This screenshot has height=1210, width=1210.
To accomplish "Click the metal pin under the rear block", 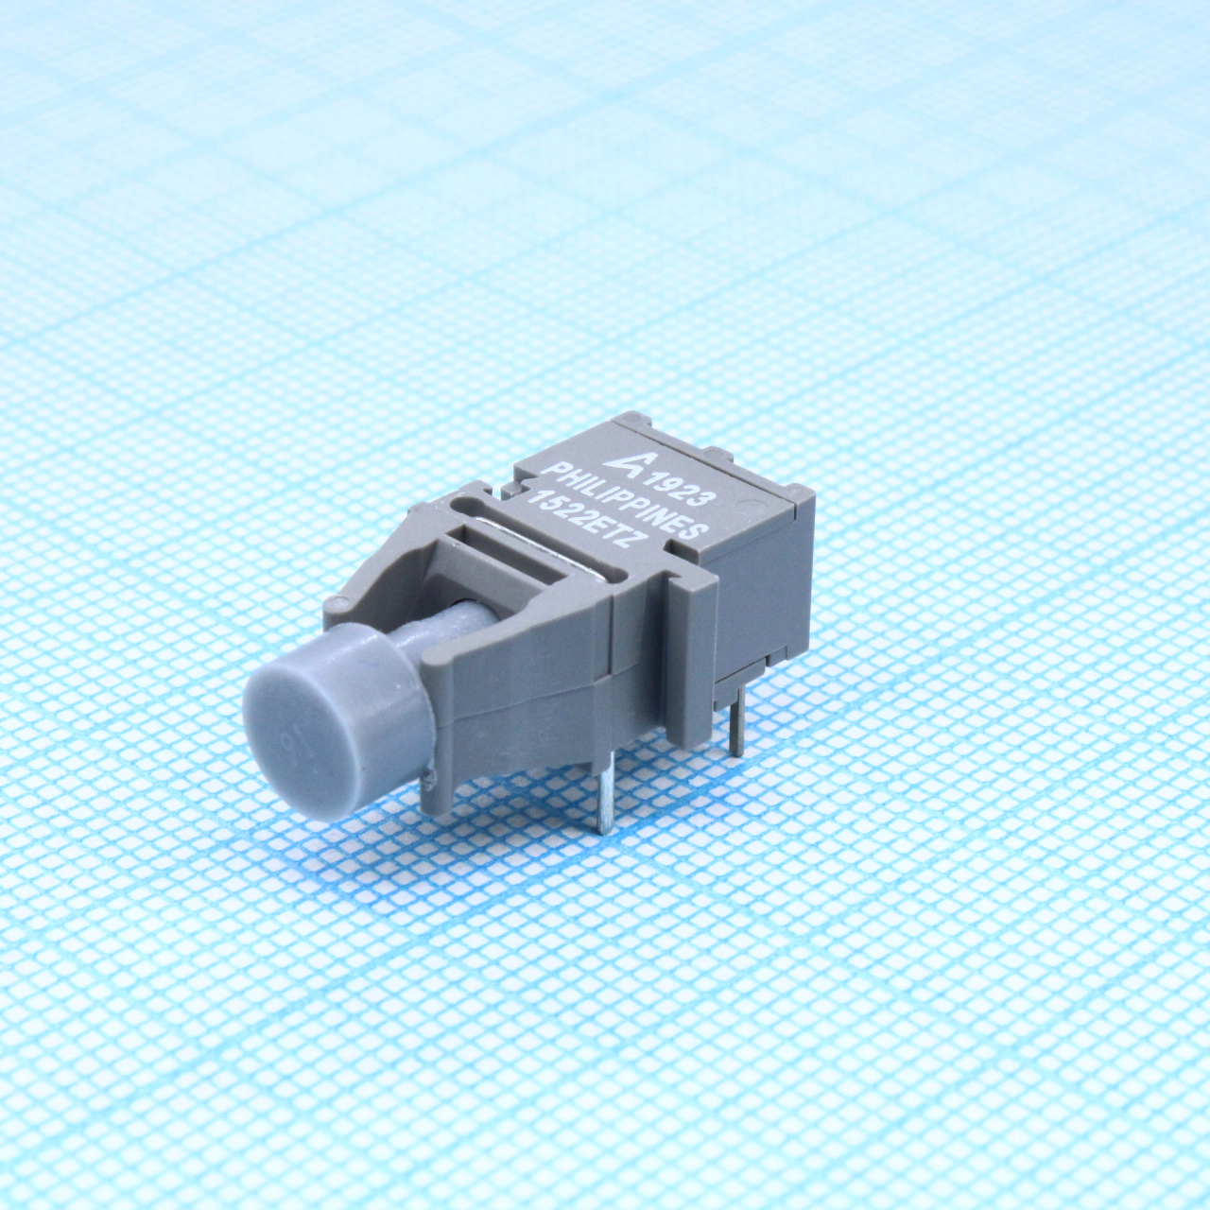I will coord(738,718).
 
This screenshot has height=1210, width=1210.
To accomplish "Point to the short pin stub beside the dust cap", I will coord(430,781).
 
